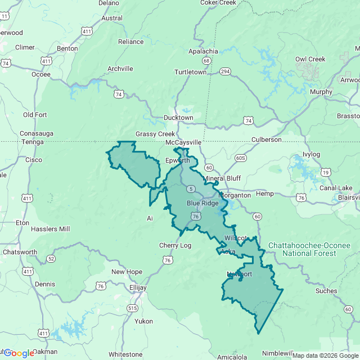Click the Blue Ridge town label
pos(202,203)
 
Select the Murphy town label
pos(321,92)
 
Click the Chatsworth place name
pos(20,252)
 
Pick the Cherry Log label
pos(175,245)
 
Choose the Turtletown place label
pos(190,73)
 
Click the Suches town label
pos(326,291)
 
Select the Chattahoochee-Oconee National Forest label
pos(309,250)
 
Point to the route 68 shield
pos(207,61)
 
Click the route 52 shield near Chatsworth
pos(51,259)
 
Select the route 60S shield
pos(241,158)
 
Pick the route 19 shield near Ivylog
pos(325,172)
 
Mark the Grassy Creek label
pos(155,134)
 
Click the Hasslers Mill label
pos(51,229)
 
